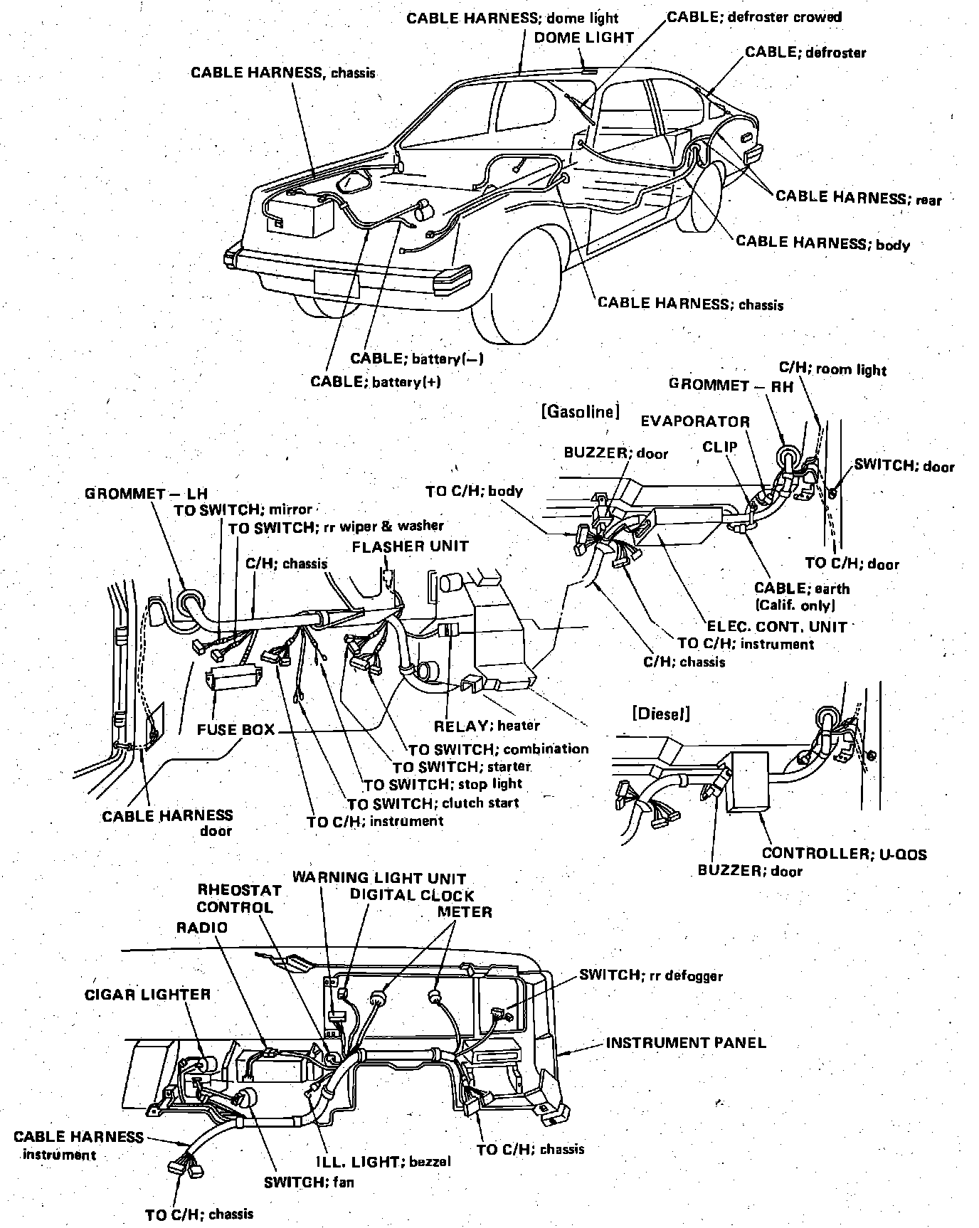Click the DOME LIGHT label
pos(583,37)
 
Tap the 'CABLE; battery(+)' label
pos(376,382)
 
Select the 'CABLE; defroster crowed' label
pos(754,16)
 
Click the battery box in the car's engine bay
pos(300,215)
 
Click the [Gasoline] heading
pos(580,411)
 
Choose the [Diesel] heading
pos(660,714)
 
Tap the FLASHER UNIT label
pos(411,546)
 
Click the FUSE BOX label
pos(236,730)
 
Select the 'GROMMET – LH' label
pos(146,493)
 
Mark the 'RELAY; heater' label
pos(487,726)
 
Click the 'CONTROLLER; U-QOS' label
pos(844,854)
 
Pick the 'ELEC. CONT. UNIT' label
pos(777,627)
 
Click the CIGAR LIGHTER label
pos(148,995)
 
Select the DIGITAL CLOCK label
pos(411,895)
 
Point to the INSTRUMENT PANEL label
pos(686,1043)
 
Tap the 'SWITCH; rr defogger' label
pos(650,975)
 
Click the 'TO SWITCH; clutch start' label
pos(433,803)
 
